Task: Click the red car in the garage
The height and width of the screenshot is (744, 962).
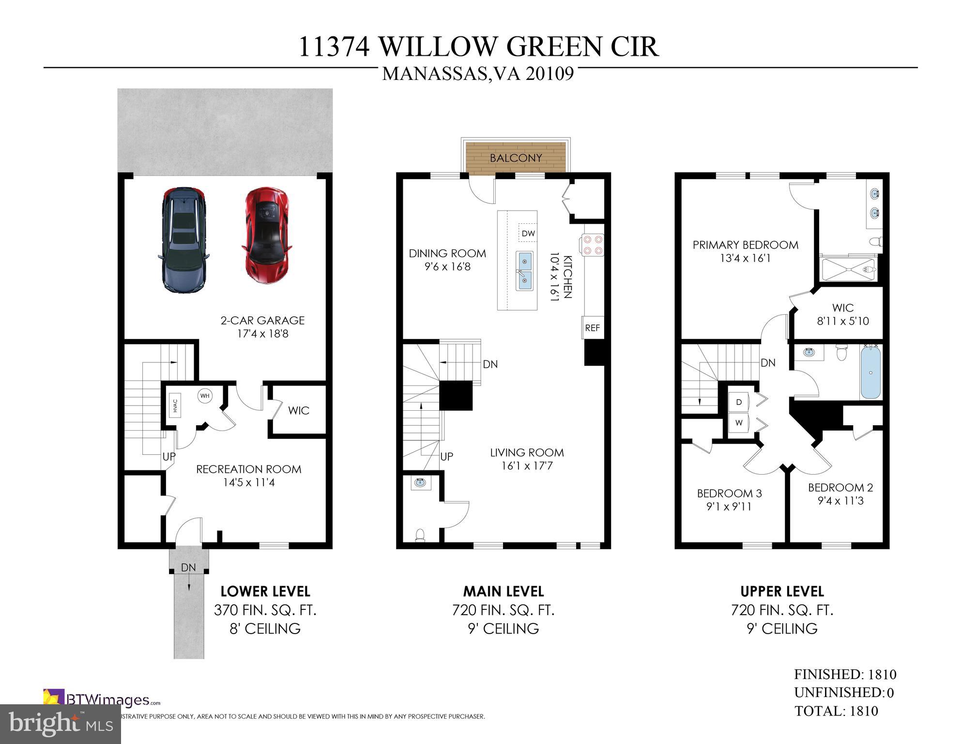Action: [x=267, y=235]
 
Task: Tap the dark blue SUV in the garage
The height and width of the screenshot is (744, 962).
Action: [x=183, y=240]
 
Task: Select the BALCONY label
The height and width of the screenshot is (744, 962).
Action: [x=516, y=158]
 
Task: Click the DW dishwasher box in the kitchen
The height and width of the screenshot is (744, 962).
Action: [x=528, y=233]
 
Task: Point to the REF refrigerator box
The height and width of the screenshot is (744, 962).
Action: [x=592, y=328]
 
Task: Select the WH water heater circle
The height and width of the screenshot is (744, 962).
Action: [x=205, y=396]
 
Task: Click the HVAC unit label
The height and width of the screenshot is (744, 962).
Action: [x=175, y=405]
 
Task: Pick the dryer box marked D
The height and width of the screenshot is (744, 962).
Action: [x=739, y=402]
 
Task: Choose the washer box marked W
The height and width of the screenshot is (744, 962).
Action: [x=739, y=423]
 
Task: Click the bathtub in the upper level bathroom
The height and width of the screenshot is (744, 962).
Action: [x=871, y=372]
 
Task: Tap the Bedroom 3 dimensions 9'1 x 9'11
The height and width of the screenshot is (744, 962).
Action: [x=729, y=507]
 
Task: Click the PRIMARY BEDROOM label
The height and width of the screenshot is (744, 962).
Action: [x=745, y=245]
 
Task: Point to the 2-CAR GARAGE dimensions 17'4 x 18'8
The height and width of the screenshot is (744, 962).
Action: [x=262, y=334]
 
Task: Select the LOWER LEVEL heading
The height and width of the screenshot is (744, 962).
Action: [x=265, y=591]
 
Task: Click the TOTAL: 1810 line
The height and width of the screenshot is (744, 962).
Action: [x=836, y=711]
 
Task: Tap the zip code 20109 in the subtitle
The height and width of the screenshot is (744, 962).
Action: [x=550, y=74]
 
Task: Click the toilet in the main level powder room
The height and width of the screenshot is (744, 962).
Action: [x=420, y=535]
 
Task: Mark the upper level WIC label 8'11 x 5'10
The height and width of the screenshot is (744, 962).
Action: [x=843, y=321]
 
